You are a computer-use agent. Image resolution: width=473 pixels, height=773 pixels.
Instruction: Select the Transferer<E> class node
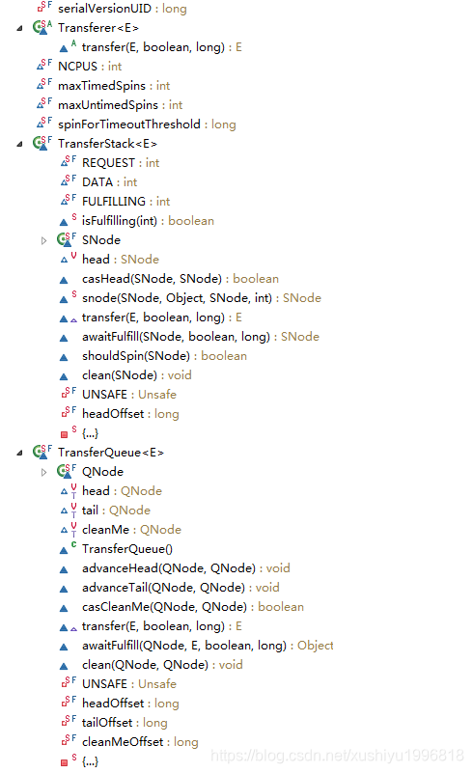(97, 28)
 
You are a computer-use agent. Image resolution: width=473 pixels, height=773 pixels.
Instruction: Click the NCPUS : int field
(90, 67)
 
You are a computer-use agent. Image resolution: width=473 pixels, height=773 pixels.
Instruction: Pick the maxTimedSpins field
(114, 86)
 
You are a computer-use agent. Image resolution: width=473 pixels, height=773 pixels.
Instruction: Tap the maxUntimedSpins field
(120, 105)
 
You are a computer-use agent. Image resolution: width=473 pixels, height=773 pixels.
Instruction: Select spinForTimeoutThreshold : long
(147, 124)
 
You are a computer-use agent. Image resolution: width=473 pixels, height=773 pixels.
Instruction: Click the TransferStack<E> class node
(107, 144)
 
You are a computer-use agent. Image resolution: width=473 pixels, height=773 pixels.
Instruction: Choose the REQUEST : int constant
(121, 163)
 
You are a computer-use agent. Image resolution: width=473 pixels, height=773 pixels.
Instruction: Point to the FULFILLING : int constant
(125, 202)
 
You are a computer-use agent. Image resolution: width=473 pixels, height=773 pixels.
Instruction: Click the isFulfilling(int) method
(148, 221)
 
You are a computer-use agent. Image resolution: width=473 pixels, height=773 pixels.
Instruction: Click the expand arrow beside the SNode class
(43, 240)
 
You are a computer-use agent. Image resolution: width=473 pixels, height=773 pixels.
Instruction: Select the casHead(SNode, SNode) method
(166, 279)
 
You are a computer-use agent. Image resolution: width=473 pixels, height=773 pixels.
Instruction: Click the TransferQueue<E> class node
(110, 453)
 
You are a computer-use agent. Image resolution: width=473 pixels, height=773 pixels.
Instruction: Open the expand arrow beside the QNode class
(43, 472)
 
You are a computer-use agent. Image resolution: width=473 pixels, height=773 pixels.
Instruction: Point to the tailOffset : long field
(125, 723)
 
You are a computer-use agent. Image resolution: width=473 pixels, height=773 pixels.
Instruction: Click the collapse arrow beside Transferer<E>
(20, 28)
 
